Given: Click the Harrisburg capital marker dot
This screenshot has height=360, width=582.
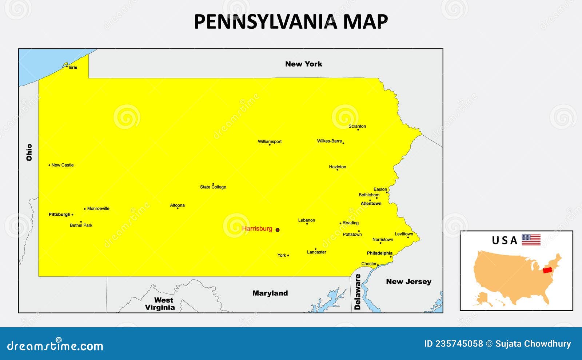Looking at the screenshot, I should click(x=278, y=230).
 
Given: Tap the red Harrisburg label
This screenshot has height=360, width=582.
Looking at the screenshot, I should click(x=257, y=229).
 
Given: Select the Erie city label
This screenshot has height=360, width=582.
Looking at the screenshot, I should click(x=73, y=67).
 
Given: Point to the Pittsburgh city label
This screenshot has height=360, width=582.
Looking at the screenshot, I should click(x=59, y=215).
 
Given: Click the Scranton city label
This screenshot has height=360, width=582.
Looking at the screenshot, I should click(x=357, y=127).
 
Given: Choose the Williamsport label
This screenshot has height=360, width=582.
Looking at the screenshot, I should click(x=270, y=141).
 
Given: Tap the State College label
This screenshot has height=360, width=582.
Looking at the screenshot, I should click(x=213, y=187).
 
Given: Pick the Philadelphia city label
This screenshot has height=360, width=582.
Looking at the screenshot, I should click(x=379, y=253).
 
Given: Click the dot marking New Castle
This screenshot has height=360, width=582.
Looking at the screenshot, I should click(x=49, y=165).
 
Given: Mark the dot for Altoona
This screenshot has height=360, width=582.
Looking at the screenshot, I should click(x=178, y=208).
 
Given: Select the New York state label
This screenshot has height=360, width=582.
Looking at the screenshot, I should click(x=304, y=64).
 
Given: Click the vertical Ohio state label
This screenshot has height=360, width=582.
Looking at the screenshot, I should click(x=29, y=152).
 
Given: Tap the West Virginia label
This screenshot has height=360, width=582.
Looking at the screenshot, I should click(x=160, y=304).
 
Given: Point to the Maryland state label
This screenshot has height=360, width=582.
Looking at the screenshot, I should click(x=270, y=293).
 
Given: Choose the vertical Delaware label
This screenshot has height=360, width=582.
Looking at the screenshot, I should click(x=358, y=292).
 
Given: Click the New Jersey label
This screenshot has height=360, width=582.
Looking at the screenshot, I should click(x=408, y=281).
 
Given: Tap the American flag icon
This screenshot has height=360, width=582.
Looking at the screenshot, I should click(x=531, y=240).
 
